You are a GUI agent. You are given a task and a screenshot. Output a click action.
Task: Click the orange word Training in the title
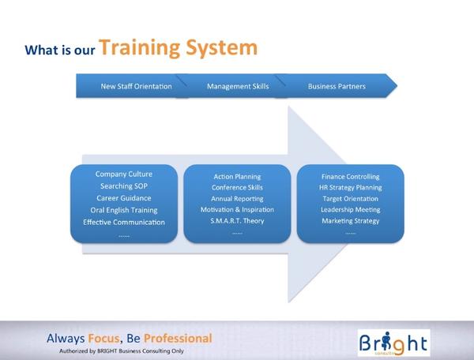[x=140, y=48]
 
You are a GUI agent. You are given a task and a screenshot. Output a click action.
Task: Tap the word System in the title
[x=221, y=48]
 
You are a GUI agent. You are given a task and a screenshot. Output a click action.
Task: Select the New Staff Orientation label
[x=136, y=86]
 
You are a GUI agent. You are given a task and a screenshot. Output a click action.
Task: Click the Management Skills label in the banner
[x=238, y=86]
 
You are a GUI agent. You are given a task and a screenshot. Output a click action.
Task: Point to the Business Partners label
[x=337, y=86]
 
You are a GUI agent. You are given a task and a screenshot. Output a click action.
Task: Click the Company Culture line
[x=124, y=174]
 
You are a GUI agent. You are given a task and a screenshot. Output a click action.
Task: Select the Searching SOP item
[x=124, y=186]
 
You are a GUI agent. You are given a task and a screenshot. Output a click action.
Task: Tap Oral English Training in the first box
[x=124, y=210]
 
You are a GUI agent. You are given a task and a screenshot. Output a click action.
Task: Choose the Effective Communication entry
[x=124, y=223]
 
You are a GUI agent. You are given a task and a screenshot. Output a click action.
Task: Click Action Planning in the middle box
[x=237, y=177]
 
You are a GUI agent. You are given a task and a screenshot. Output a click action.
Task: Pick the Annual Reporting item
[x=237, y=199]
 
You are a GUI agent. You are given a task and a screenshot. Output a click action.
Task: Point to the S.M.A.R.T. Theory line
[x=237, y=221]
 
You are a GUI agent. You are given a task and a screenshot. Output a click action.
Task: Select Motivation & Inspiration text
[x=237, y=209]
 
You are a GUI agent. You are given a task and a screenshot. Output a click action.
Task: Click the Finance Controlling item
[x=350, y=177]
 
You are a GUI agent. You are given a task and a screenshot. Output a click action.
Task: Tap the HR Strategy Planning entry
[x=350, y=188]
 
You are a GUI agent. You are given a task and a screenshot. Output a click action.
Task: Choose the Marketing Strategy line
[x=350, y=221]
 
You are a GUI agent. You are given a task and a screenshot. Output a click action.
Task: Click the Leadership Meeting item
[x=350, y=209]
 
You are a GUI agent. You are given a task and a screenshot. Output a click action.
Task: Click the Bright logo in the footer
[x=393, y=343]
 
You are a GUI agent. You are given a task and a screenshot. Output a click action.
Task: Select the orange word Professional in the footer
[x=178, y=339]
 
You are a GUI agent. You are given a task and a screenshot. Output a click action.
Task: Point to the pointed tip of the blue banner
[x=397, y=86]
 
